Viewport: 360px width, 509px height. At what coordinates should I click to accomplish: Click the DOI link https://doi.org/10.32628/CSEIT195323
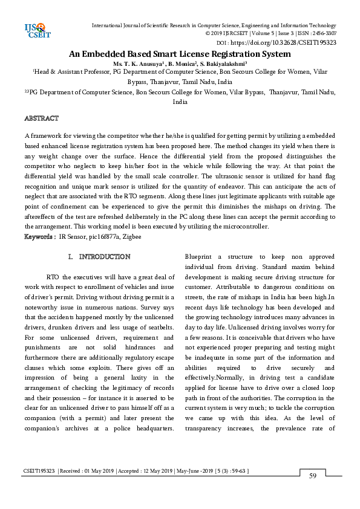(x=284, y=43)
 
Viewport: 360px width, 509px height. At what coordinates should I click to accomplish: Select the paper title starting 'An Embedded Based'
(x=180, y=54)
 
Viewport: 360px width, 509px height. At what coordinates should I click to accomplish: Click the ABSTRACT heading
(x=41, y=118)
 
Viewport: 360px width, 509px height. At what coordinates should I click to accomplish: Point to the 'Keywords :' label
(x=40, y=236)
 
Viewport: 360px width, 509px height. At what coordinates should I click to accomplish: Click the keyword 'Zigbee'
(x=132, y=237)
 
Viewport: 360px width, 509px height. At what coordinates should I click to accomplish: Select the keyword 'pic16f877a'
(x=102, y=237)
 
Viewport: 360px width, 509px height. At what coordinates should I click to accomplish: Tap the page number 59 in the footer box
(x=313, y=476)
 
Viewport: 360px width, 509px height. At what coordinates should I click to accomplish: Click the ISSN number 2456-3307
(x=323, y=34)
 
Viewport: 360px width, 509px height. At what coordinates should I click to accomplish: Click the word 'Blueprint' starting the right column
(x=199, y=256)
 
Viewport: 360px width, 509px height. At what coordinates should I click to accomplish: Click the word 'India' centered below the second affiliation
(x=180, y=102)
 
